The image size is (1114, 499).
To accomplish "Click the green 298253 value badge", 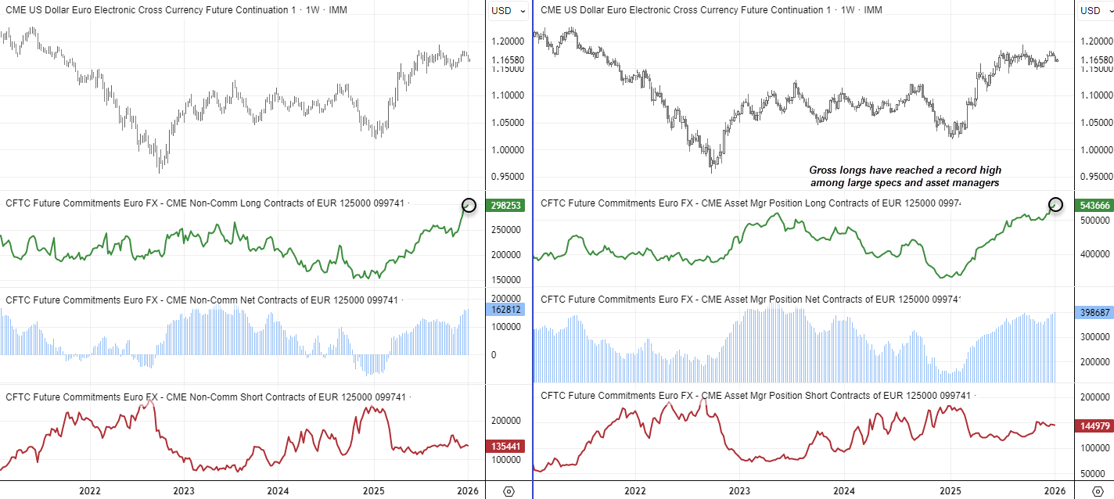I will coord(506,205).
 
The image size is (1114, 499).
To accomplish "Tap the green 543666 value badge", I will coord(1094,204).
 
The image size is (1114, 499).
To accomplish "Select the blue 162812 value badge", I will coord(506,309).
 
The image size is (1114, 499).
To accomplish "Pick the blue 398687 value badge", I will coord(1094,312).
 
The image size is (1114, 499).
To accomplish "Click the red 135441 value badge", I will coord(506,446).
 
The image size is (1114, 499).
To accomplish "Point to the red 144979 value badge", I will coord(1094,426).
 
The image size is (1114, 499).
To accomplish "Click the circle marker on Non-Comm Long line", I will coord(469,206).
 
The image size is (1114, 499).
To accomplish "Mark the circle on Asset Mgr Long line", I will coord(1055,204).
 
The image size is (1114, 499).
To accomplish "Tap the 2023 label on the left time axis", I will coord(184,490).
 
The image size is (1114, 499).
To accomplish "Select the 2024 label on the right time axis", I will coord(844,490).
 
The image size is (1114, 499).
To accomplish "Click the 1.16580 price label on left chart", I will coord(508,59).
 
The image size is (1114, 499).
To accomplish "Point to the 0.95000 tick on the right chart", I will coord(1094,177).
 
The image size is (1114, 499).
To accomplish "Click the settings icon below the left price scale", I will coord(508,490).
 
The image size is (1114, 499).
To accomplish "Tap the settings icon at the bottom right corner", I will coord(1097,490).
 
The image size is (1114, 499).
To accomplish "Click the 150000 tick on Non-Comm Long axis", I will coord(507,279).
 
